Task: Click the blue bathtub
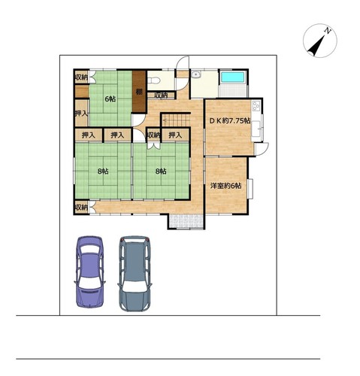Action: pos(233,77)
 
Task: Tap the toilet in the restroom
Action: pos(154,80)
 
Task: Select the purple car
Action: pos(89,271)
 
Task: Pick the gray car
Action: pos(135,274)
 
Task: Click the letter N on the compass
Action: pos(327,31)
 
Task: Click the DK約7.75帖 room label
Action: pos(230,121)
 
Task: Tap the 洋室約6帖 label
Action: pos(226,186)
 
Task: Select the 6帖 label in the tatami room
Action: pos(110,99)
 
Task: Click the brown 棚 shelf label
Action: pos(139,92)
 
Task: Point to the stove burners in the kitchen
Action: pos(256,106)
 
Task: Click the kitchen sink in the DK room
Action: pos(256,129)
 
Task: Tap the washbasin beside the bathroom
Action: pos(195,74)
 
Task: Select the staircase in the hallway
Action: pos(176,120)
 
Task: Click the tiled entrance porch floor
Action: pos(186,221)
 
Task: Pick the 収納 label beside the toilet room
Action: pos(161,96)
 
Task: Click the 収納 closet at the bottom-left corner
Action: pos(81,208)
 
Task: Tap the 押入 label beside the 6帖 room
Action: pos(81,114)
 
